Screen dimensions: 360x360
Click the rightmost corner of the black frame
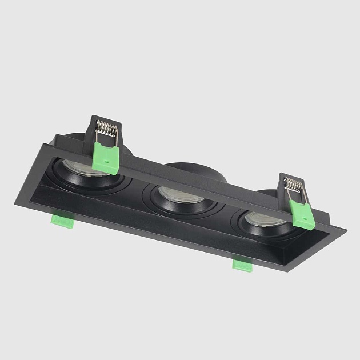[346, 231]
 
